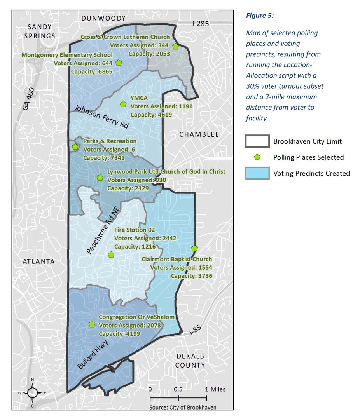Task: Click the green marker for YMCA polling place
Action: pyautogui.click(x=123, y=104)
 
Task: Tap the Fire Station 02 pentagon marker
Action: pyautogui.click(x=111, y=255)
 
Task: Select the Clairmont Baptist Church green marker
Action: pyautogui.click(x=194, y=249)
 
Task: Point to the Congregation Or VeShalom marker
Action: pyautogui.click(x=92, y=324)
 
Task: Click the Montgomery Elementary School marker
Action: pyautogui.click(x=119, y=63)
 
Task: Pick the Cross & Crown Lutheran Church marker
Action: pyautogui.click(x=175, y=46)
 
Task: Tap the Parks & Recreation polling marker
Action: pyautogui.click(x=75, y=147)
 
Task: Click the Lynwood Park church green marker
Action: pyautogui.click(x=100, y=178)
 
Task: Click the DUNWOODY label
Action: pyautogui.click(x=103, y=18)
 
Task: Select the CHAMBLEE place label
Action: pyautogui.click(x=199, y=134)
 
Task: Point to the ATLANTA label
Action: pyautogui.click(x=38, y=261)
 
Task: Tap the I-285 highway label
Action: pyautogui.click(x=201, y=24)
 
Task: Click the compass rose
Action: pyautogui.click(x=33, y=392)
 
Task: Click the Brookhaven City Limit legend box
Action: pyautogui.click(x=257, y=141)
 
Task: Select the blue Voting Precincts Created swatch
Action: pyautogui.click(x=257, y=173)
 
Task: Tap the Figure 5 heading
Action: pyautogui.click(x=260, y=16)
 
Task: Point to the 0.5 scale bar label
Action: pyautogui.click(x=178, y=389)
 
